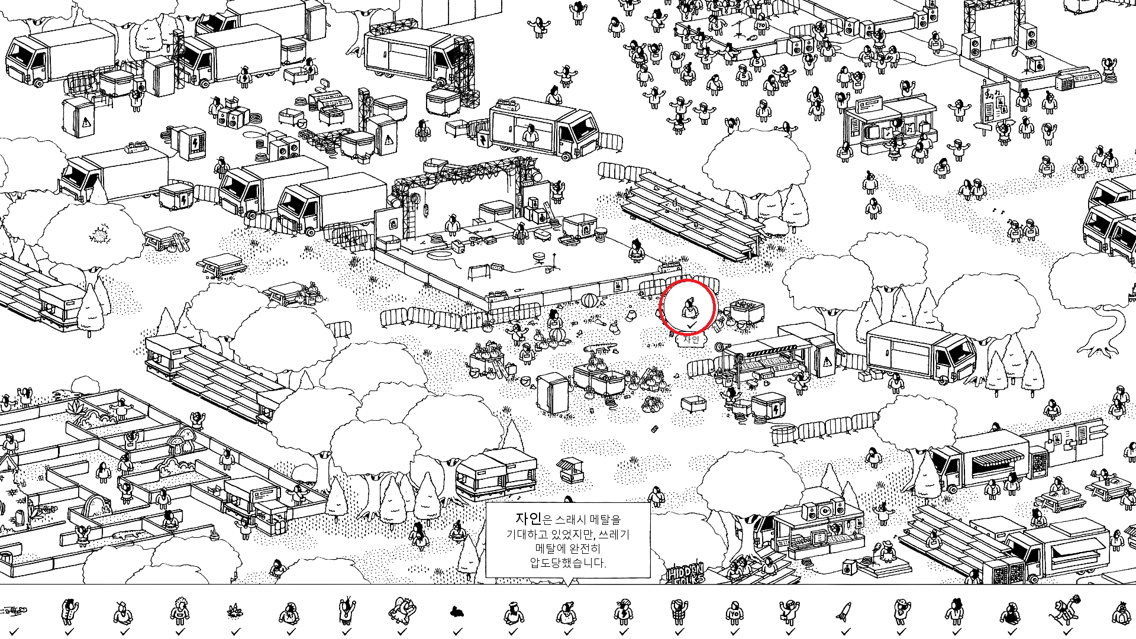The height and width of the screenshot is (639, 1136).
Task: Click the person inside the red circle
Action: coord(688,308)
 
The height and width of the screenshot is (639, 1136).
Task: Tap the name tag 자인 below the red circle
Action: coord(690,340)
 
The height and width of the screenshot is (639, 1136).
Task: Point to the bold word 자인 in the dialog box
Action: coord(528,519)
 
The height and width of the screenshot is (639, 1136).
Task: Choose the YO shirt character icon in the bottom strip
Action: coord(734,613)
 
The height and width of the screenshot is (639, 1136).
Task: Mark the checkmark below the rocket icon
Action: coord(844,631)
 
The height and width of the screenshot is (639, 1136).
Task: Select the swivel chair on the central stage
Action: coord(539,258)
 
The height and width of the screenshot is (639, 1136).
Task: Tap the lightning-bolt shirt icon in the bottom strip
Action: coord(623,612)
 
